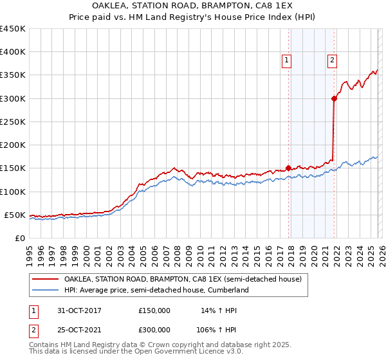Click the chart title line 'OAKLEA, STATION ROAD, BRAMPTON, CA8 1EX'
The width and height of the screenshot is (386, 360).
[193, 7]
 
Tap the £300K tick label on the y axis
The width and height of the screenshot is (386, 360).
[13, 98]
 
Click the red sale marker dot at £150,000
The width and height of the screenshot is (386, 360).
[288, 168]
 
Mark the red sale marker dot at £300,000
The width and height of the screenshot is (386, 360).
[334, 98]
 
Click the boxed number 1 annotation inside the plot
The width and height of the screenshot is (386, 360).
[286, 61]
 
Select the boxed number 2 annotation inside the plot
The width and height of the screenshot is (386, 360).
[332, 61]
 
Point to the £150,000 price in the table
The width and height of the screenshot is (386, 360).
[154, 310]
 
